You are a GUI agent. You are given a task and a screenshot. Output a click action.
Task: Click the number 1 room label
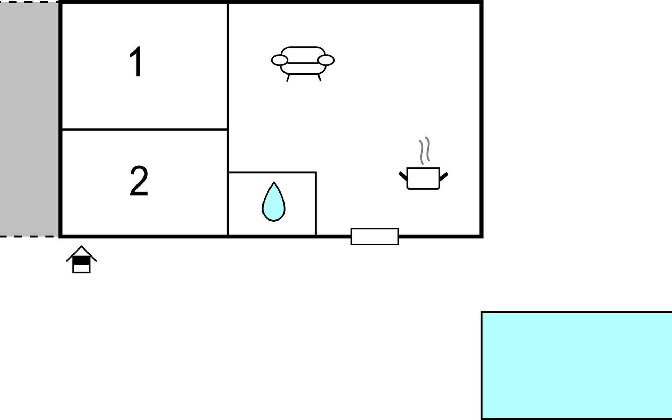click(136, 62)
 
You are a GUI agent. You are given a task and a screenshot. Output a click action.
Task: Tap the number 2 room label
click(139, 181)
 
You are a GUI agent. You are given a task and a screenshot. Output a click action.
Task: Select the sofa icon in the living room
click(303, 64)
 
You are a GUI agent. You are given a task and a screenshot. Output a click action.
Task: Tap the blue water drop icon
click(274, 202)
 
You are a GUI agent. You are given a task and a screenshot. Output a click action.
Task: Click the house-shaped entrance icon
click(82, 259)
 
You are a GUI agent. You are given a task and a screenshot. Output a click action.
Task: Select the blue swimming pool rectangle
click(576, 365)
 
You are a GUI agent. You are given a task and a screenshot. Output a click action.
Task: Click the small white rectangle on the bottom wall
click(375, 237)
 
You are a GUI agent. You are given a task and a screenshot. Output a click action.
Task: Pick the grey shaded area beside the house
click(29, 119)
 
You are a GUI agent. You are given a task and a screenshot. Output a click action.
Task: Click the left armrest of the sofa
click(280, 60)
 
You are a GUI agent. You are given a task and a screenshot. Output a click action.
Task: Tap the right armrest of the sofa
click(326, 60)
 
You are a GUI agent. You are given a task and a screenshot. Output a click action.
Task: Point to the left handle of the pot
click(404, 176)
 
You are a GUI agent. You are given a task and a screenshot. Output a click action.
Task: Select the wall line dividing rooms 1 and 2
click(145, 129)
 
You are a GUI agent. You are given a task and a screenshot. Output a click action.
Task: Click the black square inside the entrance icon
click(82, 260)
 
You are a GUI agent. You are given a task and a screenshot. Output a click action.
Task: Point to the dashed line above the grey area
click(29, 2)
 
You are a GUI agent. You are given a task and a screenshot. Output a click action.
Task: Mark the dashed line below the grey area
click(29, 237)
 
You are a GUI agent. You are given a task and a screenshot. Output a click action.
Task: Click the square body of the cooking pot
click(423, 178)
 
